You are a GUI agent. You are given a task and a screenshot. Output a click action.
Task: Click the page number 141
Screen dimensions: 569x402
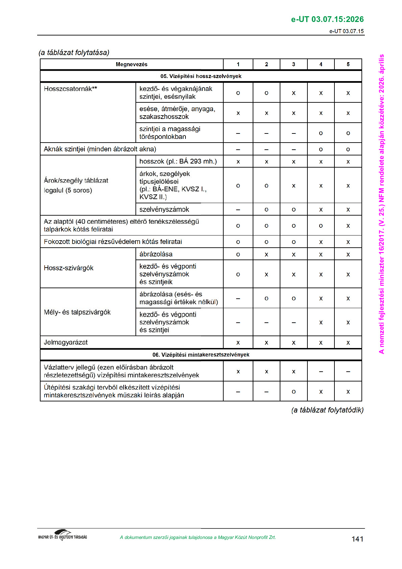coord(357,539)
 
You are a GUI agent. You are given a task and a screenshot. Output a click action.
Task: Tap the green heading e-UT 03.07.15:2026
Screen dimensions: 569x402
coord(327,19)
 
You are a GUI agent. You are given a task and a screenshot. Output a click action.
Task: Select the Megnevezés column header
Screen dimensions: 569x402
coord(131,64)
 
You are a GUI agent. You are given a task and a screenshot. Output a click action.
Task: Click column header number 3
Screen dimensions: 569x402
coord(293,64)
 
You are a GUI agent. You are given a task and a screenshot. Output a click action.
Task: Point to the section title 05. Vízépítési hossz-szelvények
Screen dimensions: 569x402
coord(201,76)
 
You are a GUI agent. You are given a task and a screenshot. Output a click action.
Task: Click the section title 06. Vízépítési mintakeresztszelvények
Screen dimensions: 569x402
coord(201,355)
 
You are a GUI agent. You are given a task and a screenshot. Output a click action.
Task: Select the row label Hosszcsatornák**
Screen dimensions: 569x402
coord(70,89)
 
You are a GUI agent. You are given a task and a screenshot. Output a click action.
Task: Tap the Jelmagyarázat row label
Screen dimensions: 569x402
coord(66,342)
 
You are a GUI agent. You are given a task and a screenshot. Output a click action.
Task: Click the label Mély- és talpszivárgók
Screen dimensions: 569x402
coord(77,312)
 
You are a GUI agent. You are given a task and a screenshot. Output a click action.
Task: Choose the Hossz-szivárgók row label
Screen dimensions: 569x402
coord(69,268)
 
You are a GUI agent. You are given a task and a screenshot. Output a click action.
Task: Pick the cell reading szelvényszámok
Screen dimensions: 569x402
coord(164,209)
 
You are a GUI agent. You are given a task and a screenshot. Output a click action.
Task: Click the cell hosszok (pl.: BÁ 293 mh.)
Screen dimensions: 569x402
coord(178,162)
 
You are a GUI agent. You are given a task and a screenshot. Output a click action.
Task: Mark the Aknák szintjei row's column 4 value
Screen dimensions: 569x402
coord(321,149)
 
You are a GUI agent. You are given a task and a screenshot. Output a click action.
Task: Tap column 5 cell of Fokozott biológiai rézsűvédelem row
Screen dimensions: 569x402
coord(348,242)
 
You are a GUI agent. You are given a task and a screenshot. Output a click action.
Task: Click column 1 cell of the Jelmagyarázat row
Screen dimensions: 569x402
coord(238,343)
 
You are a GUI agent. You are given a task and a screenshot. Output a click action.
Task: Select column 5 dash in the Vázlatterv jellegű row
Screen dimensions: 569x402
coord(348,372)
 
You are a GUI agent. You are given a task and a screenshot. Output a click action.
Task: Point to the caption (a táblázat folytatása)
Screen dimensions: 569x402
coord(74,52)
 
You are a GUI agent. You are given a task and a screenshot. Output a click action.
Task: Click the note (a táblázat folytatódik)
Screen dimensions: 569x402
coord(327,410)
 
